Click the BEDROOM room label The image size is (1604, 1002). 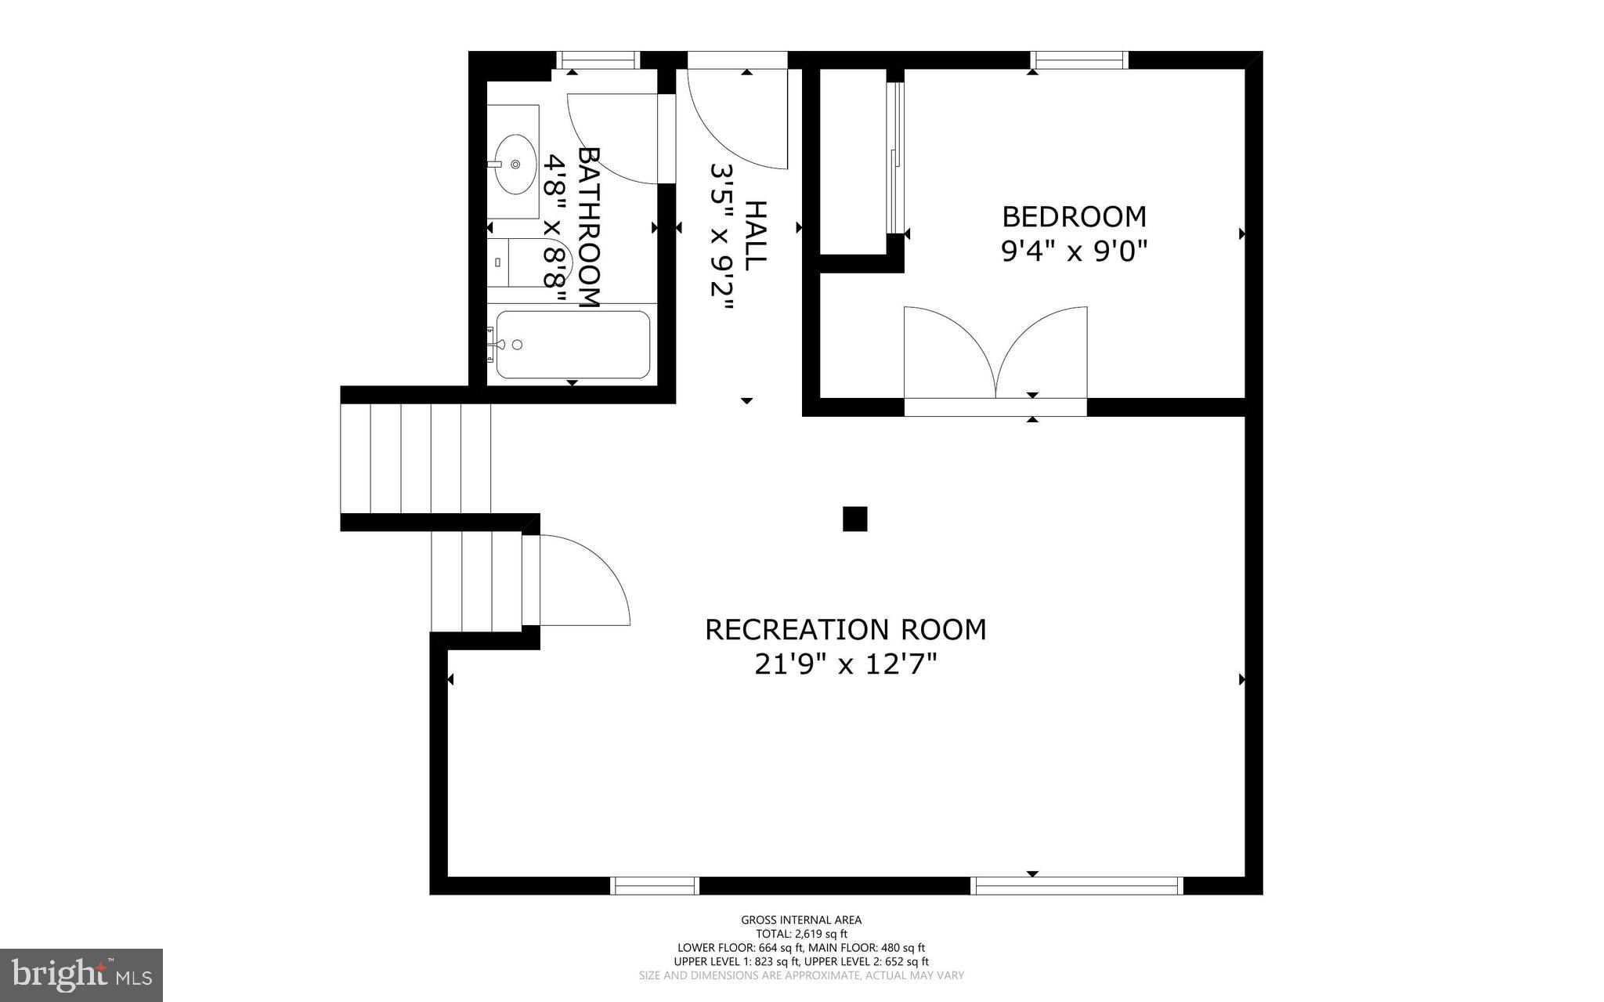point(1074,216)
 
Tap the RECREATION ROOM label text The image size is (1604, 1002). point(845,630)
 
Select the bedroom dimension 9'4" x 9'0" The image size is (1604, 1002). point(1074,251)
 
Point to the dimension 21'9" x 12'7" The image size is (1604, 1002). point(845,665)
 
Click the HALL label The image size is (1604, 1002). point(754,236)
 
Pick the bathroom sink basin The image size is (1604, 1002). point(515,165)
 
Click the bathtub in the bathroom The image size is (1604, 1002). point(573,345)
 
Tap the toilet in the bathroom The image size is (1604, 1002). point(533,263)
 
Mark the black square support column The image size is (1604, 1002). point(854,519)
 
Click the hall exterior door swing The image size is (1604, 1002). point(736,118)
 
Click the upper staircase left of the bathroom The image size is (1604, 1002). point(416,458)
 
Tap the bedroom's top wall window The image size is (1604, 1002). point(1079,60)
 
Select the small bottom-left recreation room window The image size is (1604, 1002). point(654,886)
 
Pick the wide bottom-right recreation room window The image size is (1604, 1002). point(1077,886)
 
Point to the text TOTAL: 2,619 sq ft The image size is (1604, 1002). point(801,934)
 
